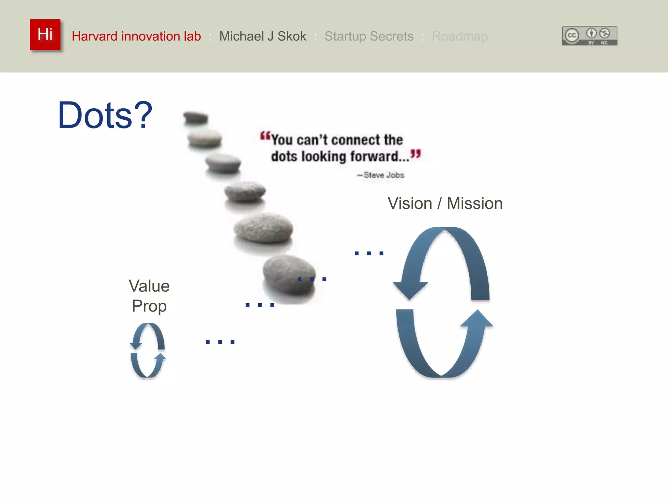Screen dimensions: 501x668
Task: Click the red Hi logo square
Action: [45, 35]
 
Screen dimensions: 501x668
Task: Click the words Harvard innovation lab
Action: [136, 36]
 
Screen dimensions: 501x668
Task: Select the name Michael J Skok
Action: [263, 36]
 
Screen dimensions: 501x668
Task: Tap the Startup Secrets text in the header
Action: [369, 36]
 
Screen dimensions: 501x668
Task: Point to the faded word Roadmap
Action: [460, 36]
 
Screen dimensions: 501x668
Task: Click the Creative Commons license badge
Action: [589, 36]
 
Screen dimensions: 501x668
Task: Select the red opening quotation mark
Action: [265, 136]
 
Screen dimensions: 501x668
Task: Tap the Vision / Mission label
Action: [445, 204]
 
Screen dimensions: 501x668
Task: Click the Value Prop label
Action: [149, 296]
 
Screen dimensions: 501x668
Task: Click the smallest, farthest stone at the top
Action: [195, 117]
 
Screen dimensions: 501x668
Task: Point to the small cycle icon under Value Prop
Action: [148, 350]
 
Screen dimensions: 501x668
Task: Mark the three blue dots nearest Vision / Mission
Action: [369, 253]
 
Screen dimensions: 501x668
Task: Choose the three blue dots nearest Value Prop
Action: [220, 342]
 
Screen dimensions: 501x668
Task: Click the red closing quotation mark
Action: [416, 154]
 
